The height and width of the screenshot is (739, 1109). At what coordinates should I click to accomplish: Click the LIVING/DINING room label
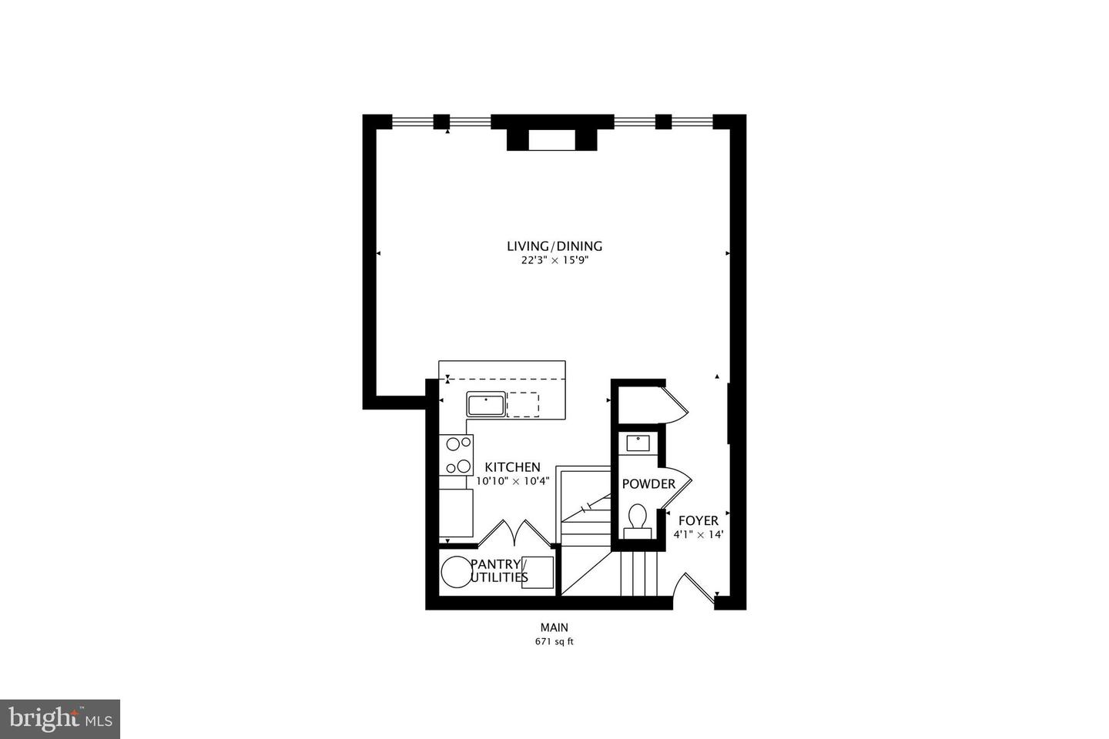click(554, 246)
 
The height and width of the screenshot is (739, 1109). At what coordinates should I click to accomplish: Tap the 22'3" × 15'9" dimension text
click(554, 261)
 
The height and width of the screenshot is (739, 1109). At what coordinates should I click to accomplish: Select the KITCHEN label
click(512, 467)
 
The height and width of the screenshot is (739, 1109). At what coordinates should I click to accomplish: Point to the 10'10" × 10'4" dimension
click(512, 481)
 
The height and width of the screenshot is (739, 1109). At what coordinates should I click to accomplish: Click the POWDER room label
click(648, 484)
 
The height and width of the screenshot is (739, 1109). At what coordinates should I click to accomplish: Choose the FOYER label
click(698, 520)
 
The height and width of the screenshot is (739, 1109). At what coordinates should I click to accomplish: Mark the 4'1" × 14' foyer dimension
click(698, 534)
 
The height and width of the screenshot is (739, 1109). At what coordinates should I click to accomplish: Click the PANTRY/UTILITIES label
click(499, 570)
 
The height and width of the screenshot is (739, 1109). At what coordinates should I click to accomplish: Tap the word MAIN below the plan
click(554, 627)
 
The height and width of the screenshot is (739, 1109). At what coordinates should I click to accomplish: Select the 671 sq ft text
click(554, 642)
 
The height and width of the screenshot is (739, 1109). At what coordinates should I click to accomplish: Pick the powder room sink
click(638, 443)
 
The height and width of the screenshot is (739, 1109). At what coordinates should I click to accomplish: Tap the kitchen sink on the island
click(485, 404)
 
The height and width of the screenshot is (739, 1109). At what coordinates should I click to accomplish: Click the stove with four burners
click(456, 455)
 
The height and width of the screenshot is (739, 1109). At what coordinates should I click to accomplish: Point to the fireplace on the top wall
click(552, 139)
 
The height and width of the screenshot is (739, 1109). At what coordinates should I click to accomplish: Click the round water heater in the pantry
click(455, 572)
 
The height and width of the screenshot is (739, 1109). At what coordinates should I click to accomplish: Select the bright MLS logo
click(59, 719)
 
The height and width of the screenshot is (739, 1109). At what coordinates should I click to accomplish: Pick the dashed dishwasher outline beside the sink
click(523, 404)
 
